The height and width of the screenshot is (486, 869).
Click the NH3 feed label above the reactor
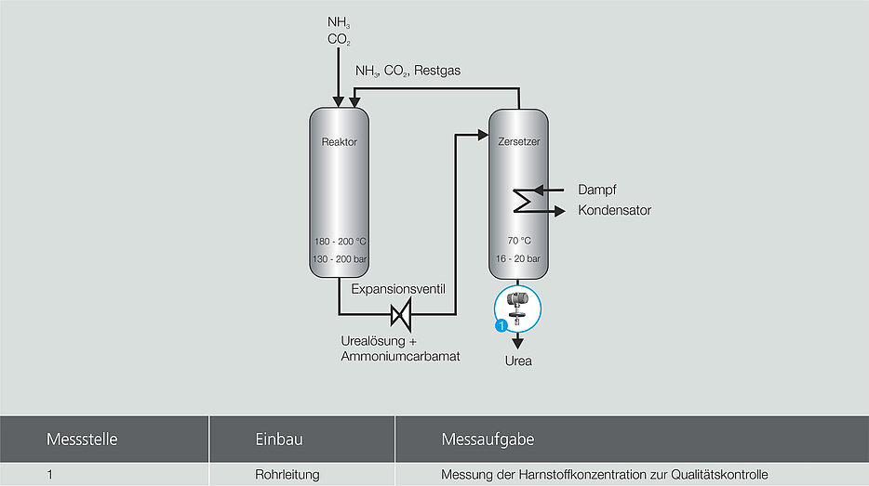pyautogui.click(x=338, y=22)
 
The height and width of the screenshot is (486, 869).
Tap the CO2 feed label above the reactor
pyautogui.click(x=339, y=40)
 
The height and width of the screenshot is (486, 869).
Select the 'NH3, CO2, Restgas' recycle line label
pyautogui.click(x=408, y=71)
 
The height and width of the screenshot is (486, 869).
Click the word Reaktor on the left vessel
pyautogui.click(x=339, y=142)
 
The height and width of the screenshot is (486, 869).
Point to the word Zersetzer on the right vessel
pyautogui.click(x=519, y=142)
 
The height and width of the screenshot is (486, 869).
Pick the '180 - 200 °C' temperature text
pyautogui.click(x=339, y=242)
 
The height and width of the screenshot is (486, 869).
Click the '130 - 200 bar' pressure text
pyautogui.click(x=339, y=259)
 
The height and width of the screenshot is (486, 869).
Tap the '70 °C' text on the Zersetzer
pyautogui.click(x=519, y=242)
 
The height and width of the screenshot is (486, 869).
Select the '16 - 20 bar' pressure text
pyautogui.click(x=519, y=259)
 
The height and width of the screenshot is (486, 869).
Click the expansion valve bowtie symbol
pyautogui.click(x=401, y=315)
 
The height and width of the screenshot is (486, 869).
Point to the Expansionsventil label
pyautogui.click(x=398, y=290)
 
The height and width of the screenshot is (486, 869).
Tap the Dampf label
pyautogui.click(x=596, y=190)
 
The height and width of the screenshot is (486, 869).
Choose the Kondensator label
pyautogui.click(x=614, y=211)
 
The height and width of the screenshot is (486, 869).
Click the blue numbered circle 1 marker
pyautogui.click(x=501, y=325)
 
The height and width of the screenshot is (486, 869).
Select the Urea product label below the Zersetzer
pyautogui.click(x=518, y=361)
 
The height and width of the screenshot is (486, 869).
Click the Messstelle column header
pyautogui.click(x=82, y=439)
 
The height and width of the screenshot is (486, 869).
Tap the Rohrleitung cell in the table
pyautogui.click(x=287, y=475)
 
